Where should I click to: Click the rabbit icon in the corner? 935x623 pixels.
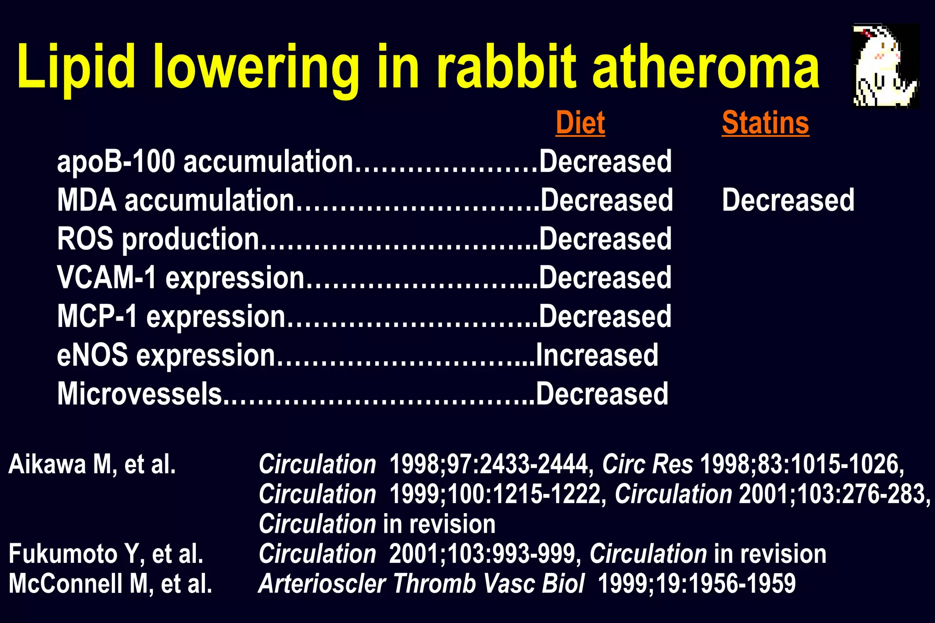pos(885,66)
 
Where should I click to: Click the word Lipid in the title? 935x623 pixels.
pos(76,67)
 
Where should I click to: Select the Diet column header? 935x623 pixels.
pos(580,123)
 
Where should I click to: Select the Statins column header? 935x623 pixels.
pos(765,123)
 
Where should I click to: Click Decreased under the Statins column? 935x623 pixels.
pos(788,200)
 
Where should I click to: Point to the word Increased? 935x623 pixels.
pos(597,355)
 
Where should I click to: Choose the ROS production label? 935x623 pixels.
pos(158,239)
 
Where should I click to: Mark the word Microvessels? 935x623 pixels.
pos(140,394)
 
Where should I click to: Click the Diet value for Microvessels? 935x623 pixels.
pos(602,394)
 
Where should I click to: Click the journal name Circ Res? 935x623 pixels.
pos(647,465)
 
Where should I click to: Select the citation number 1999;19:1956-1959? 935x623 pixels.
pos(697,584)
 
